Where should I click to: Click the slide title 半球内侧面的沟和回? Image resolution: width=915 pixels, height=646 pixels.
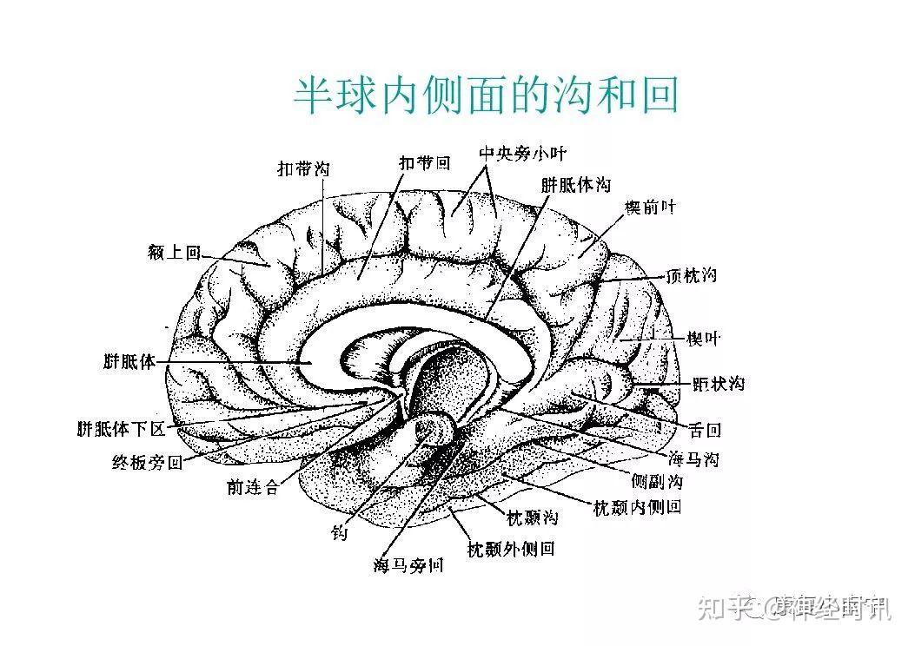tap(486, 96)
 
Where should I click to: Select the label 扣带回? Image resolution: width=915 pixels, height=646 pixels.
tap(424, 162)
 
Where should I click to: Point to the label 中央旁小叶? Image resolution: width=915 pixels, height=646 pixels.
tap(522, 154)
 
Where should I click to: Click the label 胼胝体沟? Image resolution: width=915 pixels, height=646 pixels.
tap(574, 185)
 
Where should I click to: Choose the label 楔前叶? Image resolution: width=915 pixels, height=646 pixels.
tap(649, 208)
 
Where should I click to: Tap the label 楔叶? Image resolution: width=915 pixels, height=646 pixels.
tap(703, 338)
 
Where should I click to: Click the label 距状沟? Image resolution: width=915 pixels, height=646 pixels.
tap(718, 383)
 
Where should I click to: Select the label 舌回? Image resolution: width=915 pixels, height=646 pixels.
tap(705, 429)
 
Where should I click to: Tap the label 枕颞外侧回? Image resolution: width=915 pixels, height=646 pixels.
tap(511, 549)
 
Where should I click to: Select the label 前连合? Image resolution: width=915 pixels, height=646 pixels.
tap(252, 488)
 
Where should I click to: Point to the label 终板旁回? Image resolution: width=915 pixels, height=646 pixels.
tap(148, 462)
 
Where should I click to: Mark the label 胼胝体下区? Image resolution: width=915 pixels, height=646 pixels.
tap(121, 429)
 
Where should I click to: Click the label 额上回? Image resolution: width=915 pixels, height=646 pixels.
tap(175, 253)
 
